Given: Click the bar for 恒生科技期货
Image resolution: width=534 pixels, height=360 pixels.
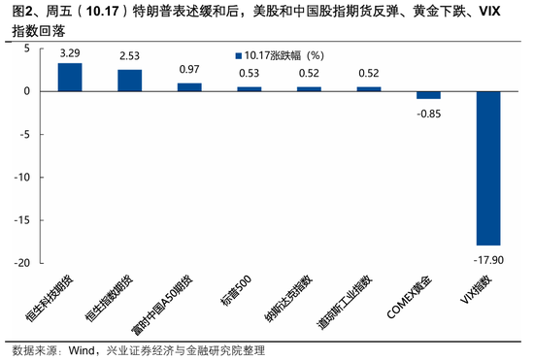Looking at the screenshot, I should pos(69,78).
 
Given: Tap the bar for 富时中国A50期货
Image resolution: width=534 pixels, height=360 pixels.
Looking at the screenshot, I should pos(188,87).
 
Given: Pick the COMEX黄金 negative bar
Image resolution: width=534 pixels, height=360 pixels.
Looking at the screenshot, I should pos(428,95).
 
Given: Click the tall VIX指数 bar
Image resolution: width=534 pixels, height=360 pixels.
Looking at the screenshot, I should pos(488,168).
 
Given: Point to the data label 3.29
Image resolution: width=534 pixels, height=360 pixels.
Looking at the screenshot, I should pos(69,53).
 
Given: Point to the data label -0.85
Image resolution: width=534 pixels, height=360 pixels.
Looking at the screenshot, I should pos(429,112).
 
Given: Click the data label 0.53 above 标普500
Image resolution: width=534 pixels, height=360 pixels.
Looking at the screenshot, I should pos(249,74).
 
